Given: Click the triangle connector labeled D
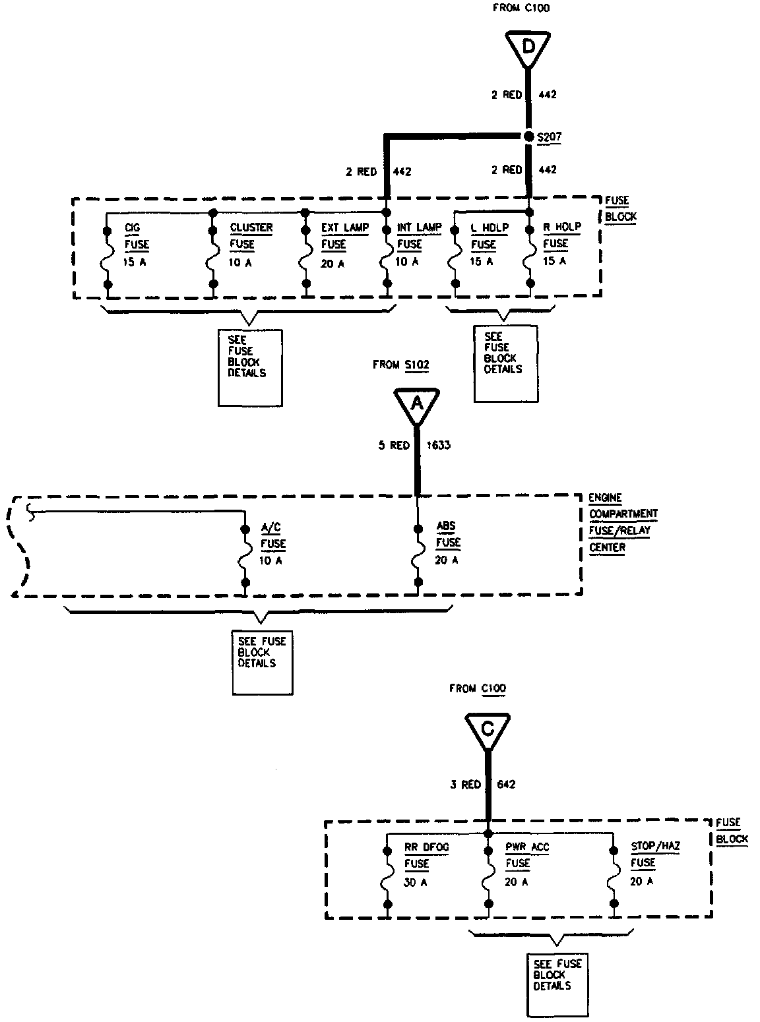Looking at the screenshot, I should tap(528, 47).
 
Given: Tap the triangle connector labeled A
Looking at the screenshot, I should tap(417, 403).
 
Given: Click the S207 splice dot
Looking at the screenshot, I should tap(528, 136).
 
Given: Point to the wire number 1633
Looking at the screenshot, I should tap(438, 445).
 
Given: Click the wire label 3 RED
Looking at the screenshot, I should tap(466, 784).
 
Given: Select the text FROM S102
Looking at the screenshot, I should tap(400, 364).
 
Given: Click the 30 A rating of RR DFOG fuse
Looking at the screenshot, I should tap(415, 882).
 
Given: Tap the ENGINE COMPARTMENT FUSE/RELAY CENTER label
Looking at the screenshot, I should tap(622, 522).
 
